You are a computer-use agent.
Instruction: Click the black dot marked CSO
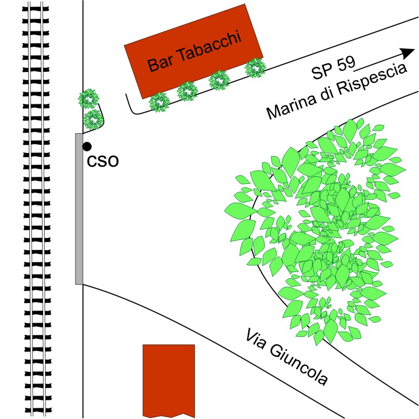tap(87, 146)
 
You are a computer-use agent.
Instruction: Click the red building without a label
tap(169, 379)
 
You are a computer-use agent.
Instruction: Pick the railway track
tap(35, 209)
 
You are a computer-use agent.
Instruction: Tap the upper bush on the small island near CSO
tap(89, 99)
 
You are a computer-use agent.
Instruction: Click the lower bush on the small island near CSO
tap(93, 120)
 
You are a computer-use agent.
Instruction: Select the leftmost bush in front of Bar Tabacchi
tap(159, 103)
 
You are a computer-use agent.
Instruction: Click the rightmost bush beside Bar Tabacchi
tap(255, 67)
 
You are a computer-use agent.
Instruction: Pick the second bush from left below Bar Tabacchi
tap(187, 91)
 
